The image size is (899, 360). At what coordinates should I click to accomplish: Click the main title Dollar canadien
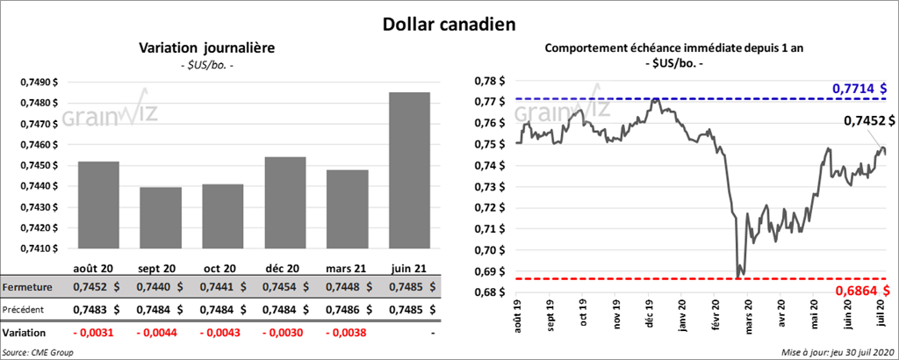coord(449,22)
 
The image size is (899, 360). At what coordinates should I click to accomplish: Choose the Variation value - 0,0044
coord(159,333)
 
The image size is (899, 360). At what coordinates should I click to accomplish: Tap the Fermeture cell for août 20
coord(96,287)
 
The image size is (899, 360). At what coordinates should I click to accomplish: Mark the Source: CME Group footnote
coord(38,352)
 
